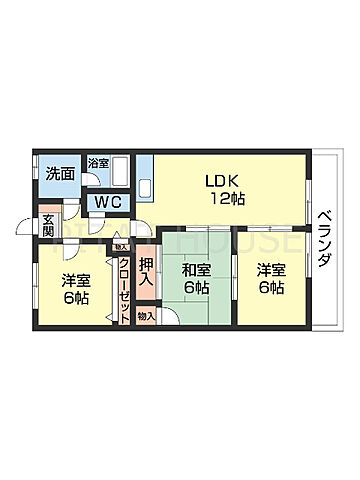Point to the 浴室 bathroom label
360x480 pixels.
[x=98, y=163]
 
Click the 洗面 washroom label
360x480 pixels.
[x=60, y=173]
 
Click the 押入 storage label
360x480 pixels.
[x=147, y=272]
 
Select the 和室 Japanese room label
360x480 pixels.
[x=196, y=269]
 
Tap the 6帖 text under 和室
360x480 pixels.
[x=196, y=288]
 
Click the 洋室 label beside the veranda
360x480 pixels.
[x=270, y=269]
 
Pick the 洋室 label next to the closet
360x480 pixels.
[x=76, y=281]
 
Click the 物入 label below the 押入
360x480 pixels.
[x=146, y=317]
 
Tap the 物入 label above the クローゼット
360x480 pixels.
[x=121, y=246]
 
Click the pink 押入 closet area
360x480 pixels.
[x=147, y=285]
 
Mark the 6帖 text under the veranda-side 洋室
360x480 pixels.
[x=270, y=288]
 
